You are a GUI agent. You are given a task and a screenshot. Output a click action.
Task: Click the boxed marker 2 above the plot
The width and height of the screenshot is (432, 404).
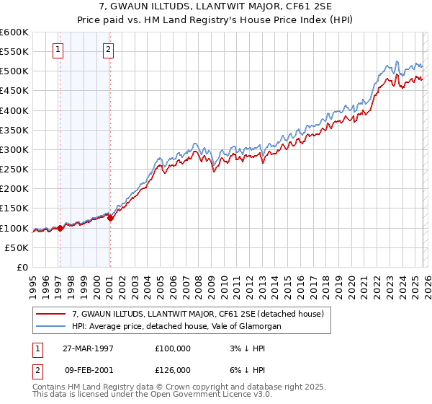108,50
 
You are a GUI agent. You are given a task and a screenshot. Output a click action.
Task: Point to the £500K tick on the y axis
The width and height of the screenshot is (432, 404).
14,71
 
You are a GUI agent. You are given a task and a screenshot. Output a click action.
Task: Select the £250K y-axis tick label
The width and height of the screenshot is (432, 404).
14,170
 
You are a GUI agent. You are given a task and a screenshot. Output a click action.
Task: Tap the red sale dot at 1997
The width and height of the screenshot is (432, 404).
60,228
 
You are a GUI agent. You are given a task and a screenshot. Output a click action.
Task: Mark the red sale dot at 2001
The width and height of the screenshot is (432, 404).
110,218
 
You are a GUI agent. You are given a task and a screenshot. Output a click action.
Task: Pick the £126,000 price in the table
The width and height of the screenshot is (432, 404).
173,369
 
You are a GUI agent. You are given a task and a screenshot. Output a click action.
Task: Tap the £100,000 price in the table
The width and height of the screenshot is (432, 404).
173,348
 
